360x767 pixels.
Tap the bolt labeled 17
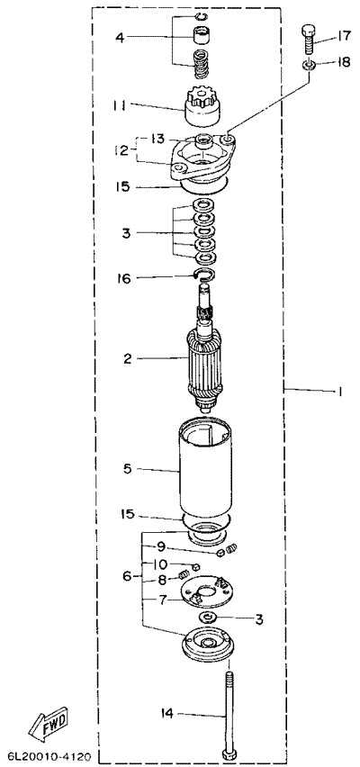point(307,39)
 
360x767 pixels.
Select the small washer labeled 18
point(308,65)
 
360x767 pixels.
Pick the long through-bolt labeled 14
point(229,712)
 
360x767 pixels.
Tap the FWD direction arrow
point(48,724)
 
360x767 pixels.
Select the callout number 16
point(124,278)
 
